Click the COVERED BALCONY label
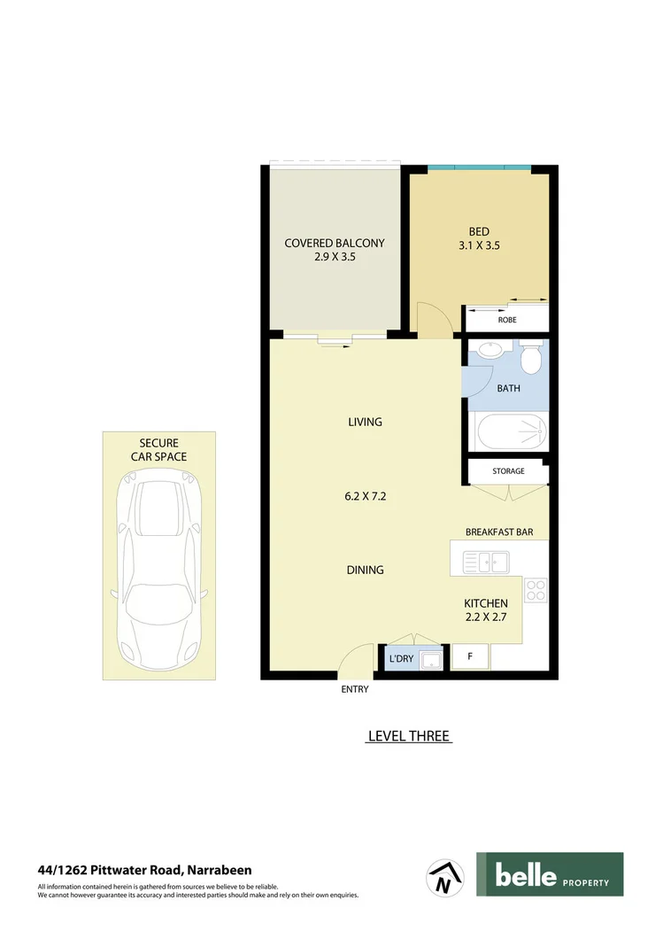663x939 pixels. pos(335,243)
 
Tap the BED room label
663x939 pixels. pos(479,232)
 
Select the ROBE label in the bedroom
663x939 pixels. pos(507,320)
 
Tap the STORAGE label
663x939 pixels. pos(508,471)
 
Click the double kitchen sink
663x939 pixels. pos(485,561)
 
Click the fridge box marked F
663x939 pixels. pos(470,657)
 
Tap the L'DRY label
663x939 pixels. pos(401,659)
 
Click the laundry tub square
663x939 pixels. pos(431,658)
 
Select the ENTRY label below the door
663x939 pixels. pos(355,689)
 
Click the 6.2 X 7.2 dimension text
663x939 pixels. pos(365,496)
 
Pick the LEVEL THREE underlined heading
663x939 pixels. pos(409,736)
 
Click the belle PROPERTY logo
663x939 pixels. pos(549,874)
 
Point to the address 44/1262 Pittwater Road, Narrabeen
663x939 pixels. pos(144,870)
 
